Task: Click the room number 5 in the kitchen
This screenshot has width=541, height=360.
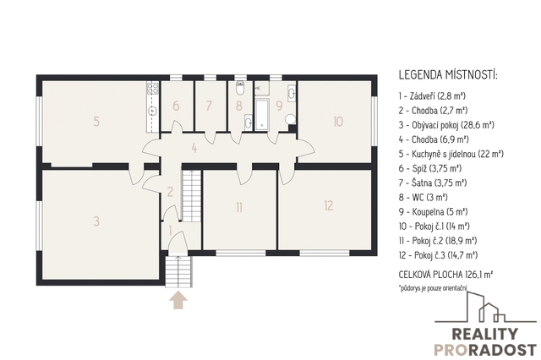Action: (x=96, y=121)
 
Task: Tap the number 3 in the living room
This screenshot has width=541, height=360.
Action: (x=96, y=221)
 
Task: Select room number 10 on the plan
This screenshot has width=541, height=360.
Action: (x=338, y=122)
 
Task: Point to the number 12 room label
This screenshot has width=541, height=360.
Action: (x=329, y=205)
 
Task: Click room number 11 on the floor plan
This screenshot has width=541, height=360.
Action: (x=239, y=208)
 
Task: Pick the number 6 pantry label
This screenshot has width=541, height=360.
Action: (x=176, y=106)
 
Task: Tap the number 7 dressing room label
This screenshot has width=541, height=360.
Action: (x=209, y=106)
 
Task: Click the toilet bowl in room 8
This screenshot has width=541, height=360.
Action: (x=240, y=88)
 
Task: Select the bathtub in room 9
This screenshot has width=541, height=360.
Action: (x=262, y=114)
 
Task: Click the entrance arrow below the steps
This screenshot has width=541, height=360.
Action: (x=178, y=300)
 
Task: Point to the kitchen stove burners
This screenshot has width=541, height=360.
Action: (x=152, y=88)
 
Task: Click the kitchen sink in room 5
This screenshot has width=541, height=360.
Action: (x=152, y=111)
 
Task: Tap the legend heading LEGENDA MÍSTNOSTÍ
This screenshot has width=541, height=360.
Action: (x=448, y=75)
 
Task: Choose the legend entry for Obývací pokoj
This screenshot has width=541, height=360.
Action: (x=446, y=125)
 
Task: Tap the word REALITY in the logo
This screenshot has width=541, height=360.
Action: (x=484, y=334)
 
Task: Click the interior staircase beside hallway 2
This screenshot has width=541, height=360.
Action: (x=191, y=195)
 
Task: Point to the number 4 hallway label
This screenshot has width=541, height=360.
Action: (x=194, y=149)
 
